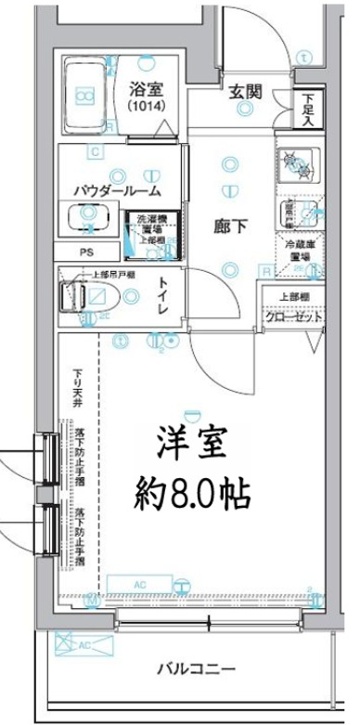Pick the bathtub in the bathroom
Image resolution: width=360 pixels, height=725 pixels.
point(86,95)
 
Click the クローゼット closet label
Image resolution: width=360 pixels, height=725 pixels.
point(297,317)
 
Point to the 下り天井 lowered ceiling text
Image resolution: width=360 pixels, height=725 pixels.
point(79,390)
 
